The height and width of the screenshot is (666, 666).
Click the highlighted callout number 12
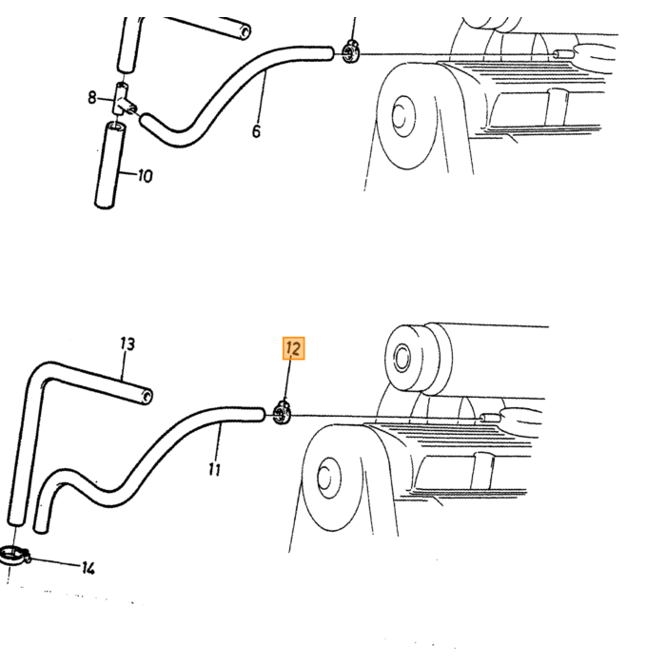click(293, 348)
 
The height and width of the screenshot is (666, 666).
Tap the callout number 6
click(256, 131)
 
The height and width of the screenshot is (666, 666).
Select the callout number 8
click(92, 98)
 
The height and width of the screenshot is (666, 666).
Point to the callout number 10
click(146, 175)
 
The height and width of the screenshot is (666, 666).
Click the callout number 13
click(127, 343)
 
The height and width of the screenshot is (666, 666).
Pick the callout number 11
click(215, 469)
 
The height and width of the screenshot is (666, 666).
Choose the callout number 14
click(88, 568)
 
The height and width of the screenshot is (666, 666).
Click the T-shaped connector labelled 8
click(123, 100)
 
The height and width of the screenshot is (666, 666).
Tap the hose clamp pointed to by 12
click(282, 412)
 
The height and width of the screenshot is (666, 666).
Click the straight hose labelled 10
click(109, 166)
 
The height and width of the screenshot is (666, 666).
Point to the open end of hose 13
click(147, 397)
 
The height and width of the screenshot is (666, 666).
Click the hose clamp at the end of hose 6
click(351, 51)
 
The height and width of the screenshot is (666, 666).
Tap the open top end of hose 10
click(116, 127)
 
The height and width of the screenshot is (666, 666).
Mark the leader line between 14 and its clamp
click(55, 562)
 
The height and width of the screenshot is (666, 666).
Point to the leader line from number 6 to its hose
click(261, 98)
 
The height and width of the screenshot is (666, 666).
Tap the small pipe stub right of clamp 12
click(490, 418)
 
